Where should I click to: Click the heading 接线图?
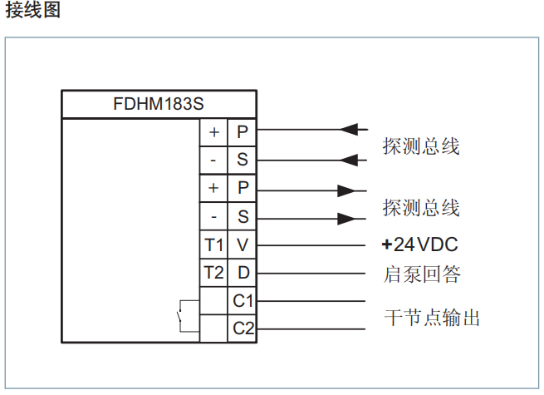tap(33, 12)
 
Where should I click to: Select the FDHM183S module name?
tap(159, 105)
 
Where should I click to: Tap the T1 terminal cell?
tap(214, 245)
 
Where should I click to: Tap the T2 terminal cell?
tap(214, 273)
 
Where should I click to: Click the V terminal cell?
tap(243, 245)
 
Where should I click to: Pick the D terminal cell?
tap(243, 273)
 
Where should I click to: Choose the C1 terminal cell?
tap(243, 300)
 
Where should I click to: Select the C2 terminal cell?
tap(243, 328)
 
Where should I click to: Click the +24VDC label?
tap(419, 245)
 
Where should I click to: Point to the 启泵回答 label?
tap(421, 274)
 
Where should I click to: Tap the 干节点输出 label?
tap(432, 317)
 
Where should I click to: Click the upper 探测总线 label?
tap(421, 146)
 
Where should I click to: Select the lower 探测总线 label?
tap(421, 207)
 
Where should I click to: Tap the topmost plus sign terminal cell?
tap(214, 131)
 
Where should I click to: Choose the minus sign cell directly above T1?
tap(214, 217)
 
